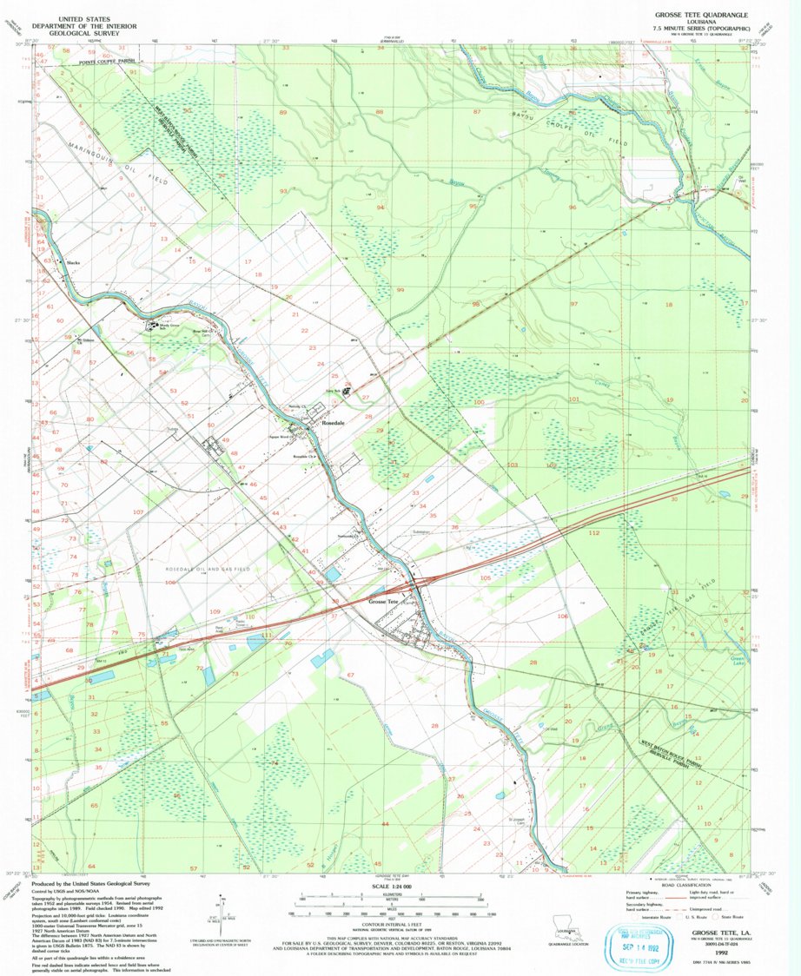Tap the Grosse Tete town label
pos(383,601)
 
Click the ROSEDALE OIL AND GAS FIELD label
pos(208,568)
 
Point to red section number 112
pos(595,531)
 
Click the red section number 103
pos(513,465)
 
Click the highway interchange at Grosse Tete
pos(418,584)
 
